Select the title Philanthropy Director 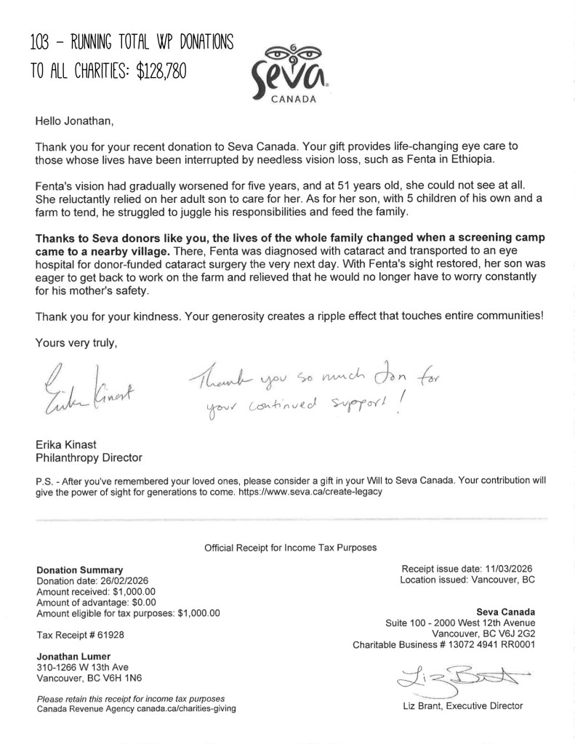[x=89, y=457]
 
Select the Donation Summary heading [x=79, y=569]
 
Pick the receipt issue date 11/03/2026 [x=502, y=569]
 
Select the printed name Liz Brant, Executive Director [x=462, y=705]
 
